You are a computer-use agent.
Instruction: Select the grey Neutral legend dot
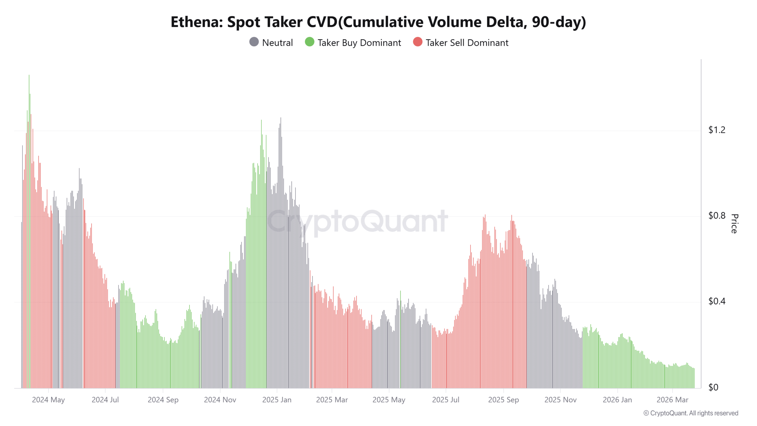[x=254, y=42]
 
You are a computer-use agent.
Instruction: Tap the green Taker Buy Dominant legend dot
[x=309, y=42]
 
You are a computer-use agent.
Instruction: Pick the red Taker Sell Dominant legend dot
[x=418, y=42]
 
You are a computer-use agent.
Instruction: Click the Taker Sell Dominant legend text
[x=467, y=43]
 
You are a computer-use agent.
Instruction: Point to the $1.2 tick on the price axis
[x=716, y=130]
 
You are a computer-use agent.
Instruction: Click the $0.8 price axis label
[x=716, y=216]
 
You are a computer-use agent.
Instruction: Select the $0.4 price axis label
[x=716, y=301]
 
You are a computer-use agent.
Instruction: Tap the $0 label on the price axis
[x=713, y=387]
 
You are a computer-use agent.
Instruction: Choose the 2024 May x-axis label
[x=48, y=400]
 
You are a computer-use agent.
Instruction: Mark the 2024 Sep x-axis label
[x=163, y=400]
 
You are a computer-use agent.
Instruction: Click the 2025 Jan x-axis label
[x=277, y=400]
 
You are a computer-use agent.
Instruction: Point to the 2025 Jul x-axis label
[x=446, y=400]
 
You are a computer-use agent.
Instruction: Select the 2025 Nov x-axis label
[x=560, y=400]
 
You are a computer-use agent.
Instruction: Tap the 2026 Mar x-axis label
[x=672, y=400]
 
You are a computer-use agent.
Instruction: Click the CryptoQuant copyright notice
[x=691, y=413]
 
